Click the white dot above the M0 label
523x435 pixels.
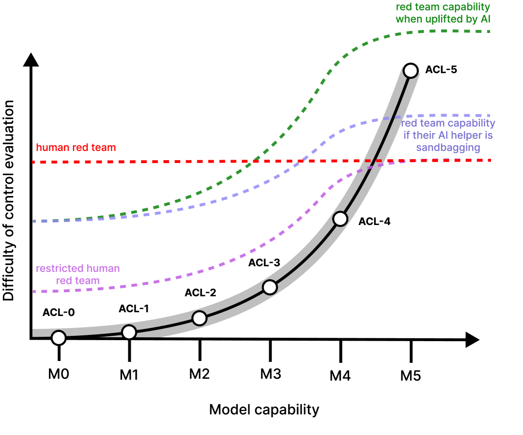(x=59, y=338)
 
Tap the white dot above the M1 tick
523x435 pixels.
(x=129, y=332)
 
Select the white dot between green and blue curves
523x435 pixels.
(x=411, y=71)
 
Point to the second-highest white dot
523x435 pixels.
(x=340, y=219)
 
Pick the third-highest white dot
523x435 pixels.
(x=270, y=287)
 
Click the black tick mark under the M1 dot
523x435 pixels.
(x=129, y=351)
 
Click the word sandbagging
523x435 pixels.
(x=448, y=148)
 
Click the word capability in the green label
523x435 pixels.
(x=465, y=7)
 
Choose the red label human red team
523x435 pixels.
(x=76, y=148)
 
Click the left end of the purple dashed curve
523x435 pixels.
(x=34, y=291)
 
